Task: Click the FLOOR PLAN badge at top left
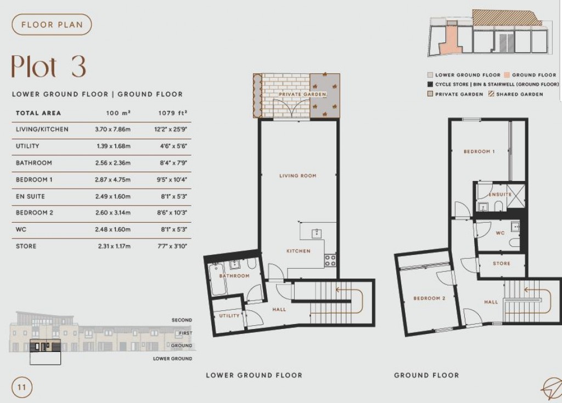(x=52, y=25)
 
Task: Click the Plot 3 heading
(x=49, y=67)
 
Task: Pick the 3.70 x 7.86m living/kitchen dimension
(x=113, y=129)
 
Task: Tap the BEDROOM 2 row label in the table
(x=35, y=213)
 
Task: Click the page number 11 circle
(x=22, y=387)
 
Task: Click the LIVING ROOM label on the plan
(x=297, y=176)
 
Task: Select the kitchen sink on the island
(x=317, y=234)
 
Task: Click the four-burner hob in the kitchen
(x=330, y=260)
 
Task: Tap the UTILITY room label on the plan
(x=229, y=316)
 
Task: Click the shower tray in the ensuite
(x=515, y=201)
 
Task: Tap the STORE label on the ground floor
(x=501, y=264)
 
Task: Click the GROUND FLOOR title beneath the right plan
(x=426, y=375)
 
